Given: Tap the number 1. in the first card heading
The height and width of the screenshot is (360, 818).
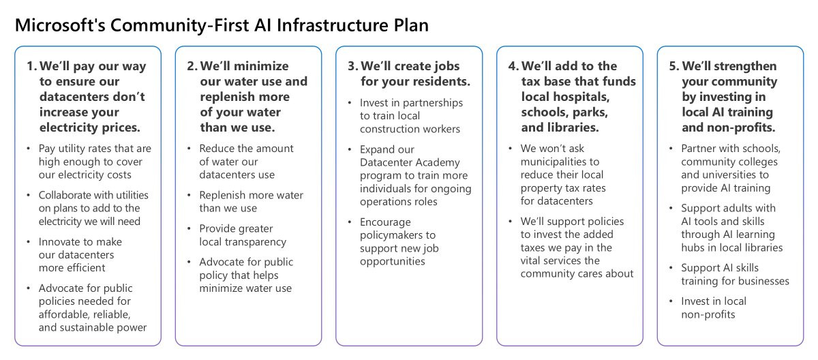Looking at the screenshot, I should click(x=31, y=66).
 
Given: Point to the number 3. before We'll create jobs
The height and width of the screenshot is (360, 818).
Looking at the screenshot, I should click(x=352, y=66).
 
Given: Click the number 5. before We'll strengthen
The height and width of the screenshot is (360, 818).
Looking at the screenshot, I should click(x=673, y=66).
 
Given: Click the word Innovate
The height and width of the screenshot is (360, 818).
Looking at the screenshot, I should click(x=60, y=241).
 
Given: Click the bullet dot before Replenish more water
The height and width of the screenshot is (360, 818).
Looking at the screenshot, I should click(x=189, y=195).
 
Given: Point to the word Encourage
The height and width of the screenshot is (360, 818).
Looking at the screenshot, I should click(x=385, y=222).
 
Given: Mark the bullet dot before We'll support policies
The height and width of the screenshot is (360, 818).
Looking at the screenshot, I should click(x=511, y=222).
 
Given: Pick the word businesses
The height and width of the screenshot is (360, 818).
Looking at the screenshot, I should click(x=762, y=281).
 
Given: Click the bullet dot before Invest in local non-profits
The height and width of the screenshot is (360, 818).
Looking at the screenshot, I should click(x=671, y=301).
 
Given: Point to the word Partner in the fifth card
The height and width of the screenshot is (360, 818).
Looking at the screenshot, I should click(x=699, y=149).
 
